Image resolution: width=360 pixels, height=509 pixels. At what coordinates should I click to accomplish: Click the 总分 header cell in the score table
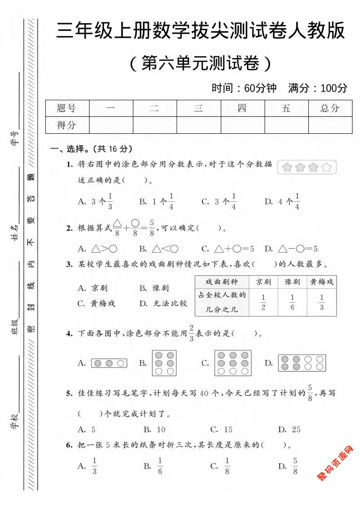pyautogui.click(x=330, y=108)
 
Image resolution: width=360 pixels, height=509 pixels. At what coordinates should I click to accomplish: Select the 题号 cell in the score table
pyautogui.click(x=67, y=108)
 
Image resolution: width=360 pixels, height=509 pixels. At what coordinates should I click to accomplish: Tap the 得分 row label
pyautogui.click(x=67, y=125)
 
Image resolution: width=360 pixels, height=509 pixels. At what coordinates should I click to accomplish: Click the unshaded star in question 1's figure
pyautogui.click(x=326, y=168)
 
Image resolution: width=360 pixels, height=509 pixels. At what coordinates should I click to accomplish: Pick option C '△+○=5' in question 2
pyautogui.click(x=228, y=249)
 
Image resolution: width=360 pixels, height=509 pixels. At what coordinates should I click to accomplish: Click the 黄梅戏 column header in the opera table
pyautogui.click(x=321, y=282)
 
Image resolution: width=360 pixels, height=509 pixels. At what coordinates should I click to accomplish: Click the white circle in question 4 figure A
pyautogui.click(x=120, y=363)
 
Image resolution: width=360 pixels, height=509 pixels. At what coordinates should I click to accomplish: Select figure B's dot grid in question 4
pyautogui.click(x=164, y=363)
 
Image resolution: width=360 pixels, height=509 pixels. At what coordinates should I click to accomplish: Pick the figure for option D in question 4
pyautogui.click(x=302, y=363)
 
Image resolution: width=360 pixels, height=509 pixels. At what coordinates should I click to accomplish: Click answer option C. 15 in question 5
pyautogui.click(x=222, y=429)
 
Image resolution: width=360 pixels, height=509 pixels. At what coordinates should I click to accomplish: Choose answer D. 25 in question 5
pyautogui.click(x=289, y=429)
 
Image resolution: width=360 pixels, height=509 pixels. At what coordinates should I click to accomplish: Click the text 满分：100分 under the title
pyautogui.click(x=318, y=88)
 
